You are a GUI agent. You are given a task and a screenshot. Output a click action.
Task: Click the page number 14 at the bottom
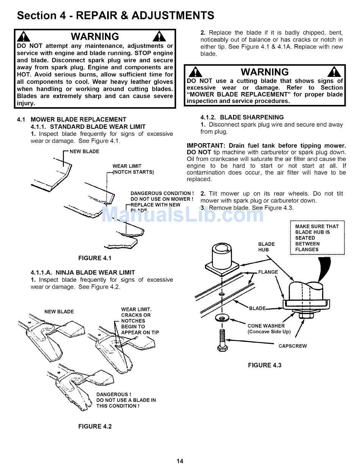[180, 461]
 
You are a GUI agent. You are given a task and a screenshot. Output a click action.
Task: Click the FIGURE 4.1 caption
[95, 258]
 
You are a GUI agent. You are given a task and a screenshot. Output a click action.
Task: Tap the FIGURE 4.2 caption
[95, 426]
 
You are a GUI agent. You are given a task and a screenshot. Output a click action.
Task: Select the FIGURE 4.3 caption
[265, 365]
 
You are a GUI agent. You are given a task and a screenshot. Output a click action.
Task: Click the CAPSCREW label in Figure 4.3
[293, 346]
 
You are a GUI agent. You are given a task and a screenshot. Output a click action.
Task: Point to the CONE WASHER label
[266, 326]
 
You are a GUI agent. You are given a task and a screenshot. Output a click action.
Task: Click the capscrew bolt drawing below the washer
[222, 339]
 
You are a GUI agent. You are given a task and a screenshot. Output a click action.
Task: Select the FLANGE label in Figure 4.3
[268, 272]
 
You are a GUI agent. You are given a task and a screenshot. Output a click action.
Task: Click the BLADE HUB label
[266, 247]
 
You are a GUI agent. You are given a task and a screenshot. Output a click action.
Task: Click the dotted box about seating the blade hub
[317, 238]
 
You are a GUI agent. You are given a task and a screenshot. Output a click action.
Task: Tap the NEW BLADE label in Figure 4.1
[84, 151]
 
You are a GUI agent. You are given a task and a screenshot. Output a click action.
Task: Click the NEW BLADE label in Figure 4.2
[59, 312]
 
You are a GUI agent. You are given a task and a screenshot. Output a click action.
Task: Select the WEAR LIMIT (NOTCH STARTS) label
[133, 169]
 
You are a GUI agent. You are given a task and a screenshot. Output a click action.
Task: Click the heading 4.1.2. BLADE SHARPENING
[242, 117]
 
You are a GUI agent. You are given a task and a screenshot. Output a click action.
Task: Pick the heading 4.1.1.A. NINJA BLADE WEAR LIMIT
[83, 272]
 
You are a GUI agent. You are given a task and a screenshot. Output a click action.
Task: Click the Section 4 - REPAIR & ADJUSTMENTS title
[116, 16]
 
